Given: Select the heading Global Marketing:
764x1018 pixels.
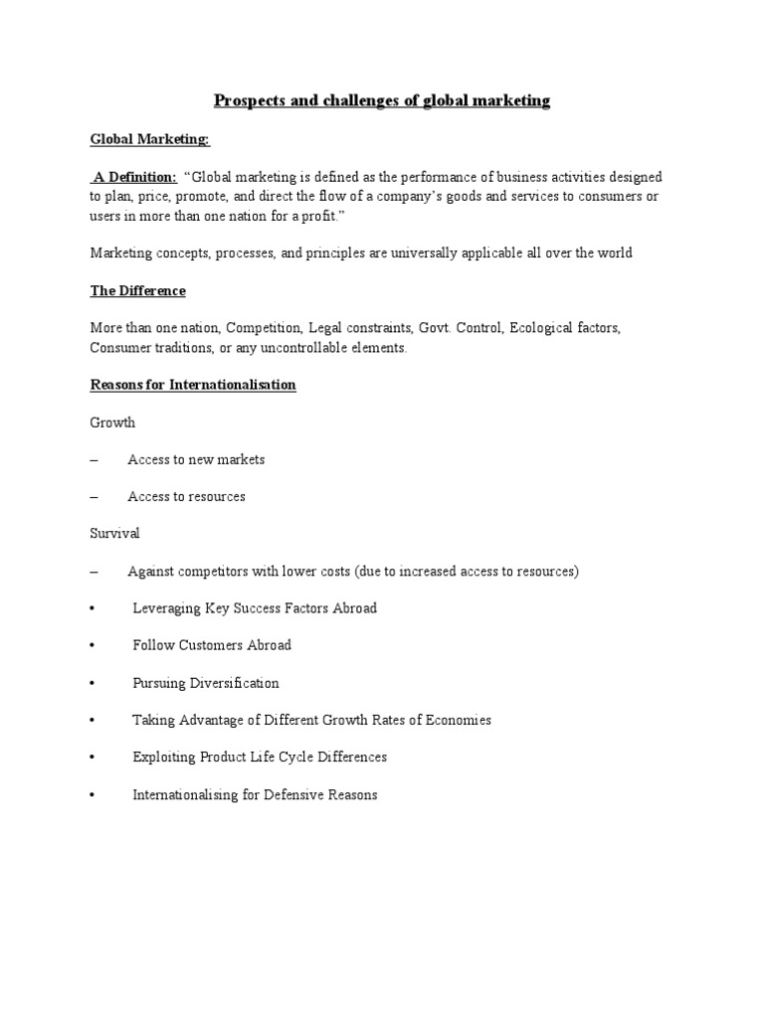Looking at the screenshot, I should pyautogui.click(x=150, y=140).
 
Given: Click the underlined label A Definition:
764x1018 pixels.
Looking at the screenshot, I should pyautogui.click(x=135, y=178).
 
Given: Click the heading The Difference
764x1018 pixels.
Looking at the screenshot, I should pyautogui.click(x=138, y=291).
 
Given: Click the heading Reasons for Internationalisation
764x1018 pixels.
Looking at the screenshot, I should pyautogui.click(x=193, y=385).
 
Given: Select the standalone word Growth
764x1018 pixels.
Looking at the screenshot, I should pyautogui.click(x=112, y=423).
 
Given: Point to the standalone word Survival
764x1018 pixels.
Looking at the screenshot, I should pyautogui.click(x=115, y=534).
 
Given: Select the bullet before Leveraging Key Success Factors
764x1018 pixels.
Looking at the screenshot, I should pyautogui.click(x=92, y=608).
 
